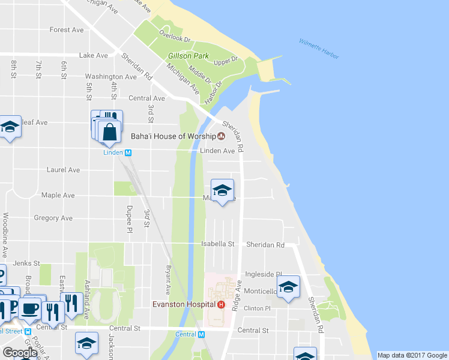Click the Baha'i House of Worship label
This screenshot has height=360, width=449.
tap(173, 136)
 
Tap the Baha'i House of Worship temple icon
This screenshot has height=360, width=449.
tap(221, 136)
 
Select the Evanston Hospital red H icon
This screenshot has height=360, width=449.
tap(221, 304)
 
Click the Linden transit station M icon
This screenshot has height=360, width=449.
tap(128, 152)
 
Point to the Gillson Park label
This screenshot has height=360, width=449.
tap(188, 56)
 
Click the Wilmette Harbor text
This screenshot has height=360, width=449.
tap(319, 49)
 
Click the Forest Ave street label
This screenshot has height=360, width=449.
tap(67, 30)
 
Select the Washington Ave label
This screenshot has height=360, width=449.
tap(110, 77)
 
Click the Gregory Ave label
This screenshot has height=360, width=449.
tap(53, 218)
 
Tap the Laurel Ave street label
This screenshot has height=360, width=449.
tap(63, 170)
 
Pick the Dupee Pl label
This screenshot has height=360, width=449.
tap(128, 219)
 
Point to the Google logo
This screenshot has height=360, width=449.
tap(20, 352)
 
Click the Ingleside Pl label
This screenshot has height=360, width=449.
tap(263, 274)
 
